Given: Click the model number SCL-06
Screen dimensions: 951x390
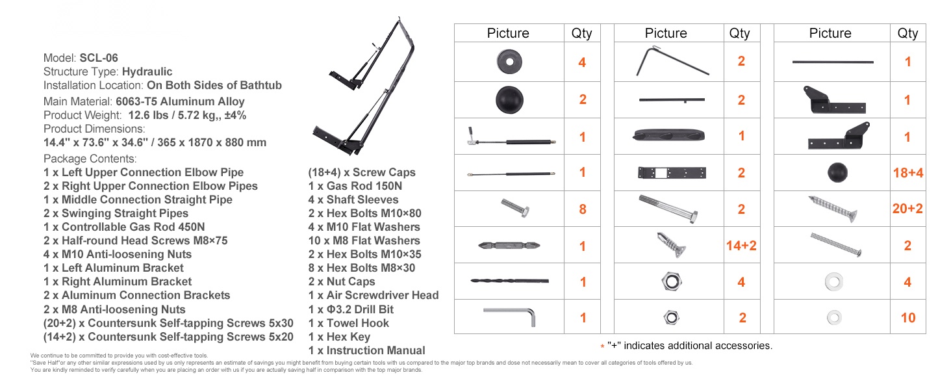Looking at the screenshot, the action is [x=99, y=58].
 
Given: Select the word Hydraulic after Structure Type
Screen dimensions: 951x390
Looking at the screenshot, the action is [x=147, y=71].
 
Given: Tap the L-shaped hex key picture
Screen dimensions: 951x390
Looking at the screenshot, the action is [x=509, y=317].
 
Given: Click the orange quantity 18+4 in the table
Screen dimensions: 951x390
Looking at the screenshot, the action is [x=907, y=173].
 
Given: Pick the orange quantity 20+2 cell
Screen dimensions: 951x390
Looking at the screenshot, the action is [x=907, y=209].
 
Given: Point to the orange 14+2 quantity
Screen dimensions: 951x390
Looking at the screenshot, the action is [x=741, y=246].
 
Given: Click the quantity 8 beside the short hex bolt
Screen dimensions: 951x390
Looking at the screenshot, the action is [x=583, y=209].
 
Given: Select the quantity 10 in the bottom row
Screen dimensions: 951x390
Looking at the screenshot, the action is [x=908, y=318].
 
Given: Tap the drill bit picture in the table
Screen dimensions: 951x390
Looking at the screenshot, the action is [x=509, y=281].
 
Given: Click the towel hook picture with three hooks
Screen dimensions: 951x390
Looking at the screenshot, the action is [x=668, y=135].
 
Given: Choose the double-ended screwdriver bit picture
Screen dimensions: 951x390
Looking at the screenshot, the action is [x=509, y=245].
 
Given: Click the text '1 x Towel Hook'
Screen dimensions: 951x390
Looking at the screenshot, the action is [x=349, y=323].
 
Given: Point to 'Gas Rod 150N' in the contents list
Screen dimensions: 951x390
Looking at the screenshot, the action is [x=364, y=186].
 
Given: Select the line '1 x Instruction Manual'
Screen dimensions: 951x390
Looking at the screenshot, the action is [x=367, y=350].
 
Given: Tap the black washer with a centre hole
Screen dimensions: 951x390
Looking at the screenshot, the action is [x=509, y=62].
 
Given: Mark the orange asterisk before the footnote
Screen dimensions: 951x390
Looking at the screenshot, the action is [x=602, y=346].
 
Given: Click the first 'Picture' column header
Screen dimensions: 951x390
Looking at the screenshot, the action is [x=508, y=33].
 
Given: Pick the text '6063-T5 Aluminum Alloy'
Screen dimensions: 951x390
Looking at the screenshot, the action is [x=180, y=101].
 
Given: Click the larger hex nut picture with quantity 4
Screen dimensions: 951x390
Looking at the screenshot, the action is [x=672, y=281].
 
